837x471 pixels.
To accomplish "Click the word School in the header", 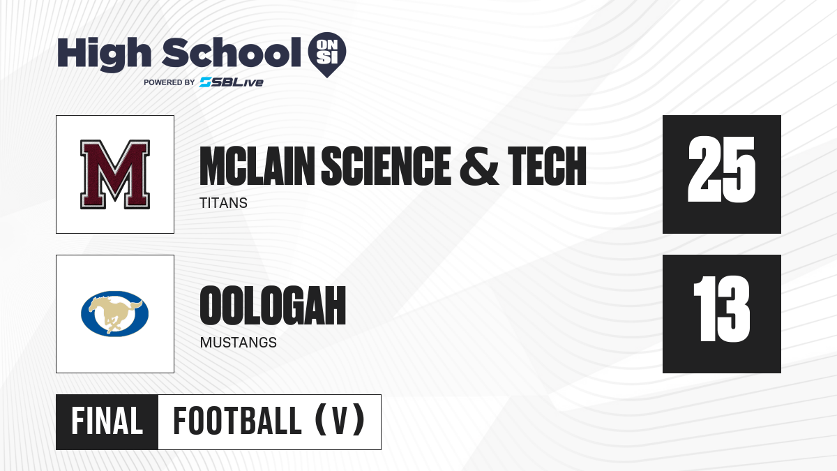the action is [x=232, y=52].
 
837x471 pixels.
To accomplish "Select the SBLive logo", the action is [x=231, y=82].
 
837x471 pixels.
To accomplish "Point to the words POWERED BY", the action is [x=169, y=82].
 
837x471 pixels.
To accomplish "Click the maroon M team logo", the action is [x=115, y=174].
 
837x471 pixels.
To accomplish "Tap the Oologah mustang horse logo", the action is [x=114, y=313].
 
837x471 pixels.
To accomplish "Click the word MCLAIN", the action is [x=257, y=165].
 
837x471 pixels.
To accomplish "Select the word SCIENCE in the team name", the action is [x=386, y=165].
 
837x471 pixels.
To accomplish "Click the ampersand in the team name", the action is [x=479, y=165].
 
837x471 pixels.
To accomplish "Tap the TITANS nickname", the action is [x=223, y=203].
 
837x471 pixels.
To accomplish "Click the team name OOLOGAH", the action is [x=273, y=306].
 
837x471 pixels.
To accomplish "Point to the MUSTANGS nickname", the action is [x=239, y=343].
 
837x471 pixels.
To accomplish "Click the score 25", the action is [x=721, y=170].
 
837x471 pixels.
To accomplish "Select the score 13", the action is [x=721, y=308].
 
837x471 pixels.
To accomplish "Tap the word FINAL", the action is [x=107, y=421].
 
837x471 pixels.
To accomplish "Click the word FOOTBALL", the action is [x=237, y=421].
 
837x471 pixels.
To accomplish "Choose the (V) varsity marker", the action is [x=340, y=421].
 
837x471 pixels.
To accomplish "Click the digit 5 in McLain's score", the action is [x=739, y=170].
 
